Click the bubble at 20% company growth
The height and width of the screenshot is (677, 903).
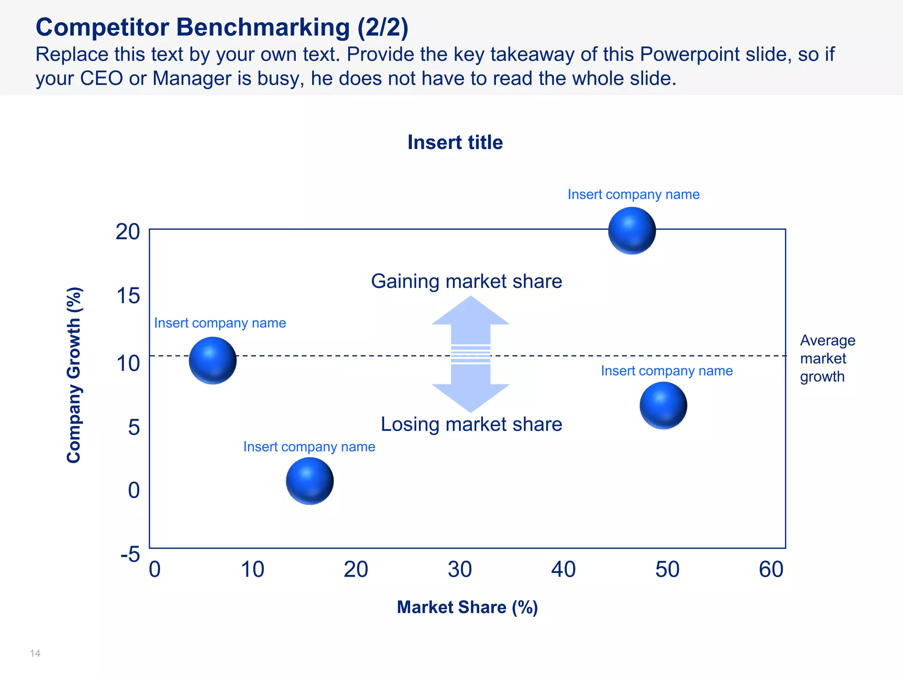(632, 231)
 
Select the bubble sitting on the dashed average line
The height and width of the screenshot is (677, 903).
(213, 361)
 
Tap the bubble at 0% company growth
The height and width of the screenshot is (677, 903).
(310, 481)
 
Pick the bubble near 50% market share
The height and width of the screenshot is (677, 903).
(663, 405)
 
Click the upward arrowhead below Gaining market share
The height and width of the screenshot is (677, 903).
(470, 312)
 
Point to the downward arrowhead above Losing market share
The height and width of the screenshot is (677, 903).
(470, 397)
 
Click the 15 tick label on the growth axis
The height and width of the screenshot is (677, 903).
(128, 296)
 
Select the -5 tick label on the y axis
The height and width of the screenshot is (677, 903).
(130, 554)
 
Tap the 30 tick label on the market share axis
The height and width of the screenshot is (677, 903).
(459, 569)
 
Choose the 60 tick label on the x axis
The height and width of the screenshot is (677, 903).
(771, 569)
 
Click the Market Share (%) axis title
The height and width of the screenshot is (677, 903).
(467, 607)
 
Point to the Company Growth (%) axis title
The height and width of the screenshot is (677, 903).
(74, 375)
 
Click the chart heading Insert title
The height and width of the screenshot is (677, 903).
(455, 142)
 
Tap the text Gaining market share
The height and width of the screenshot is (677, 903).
(466, 281)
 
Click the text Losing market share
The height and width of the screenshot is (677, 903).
(471, 424)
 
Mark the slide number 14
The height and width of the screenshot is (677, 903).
(35, 653)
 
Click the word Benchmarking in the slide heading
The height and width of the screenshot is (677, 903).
(263, 27)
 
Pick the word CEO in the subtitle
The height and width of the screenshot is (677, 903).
(101, 78)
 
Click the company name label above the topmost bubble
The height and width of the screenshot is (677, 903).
(633, 194)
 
